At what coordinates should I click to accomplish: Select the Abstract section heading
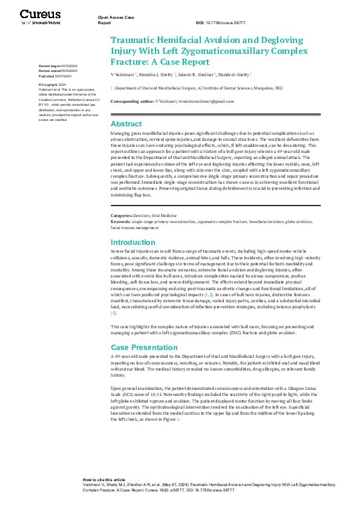[126, 123]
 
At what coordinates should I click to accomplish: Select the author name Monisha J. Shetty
[157, 74]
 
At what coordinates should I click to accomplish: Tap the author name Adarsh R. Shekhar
[197, 74]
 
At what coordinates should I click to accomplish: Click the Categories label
[122, 215]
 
